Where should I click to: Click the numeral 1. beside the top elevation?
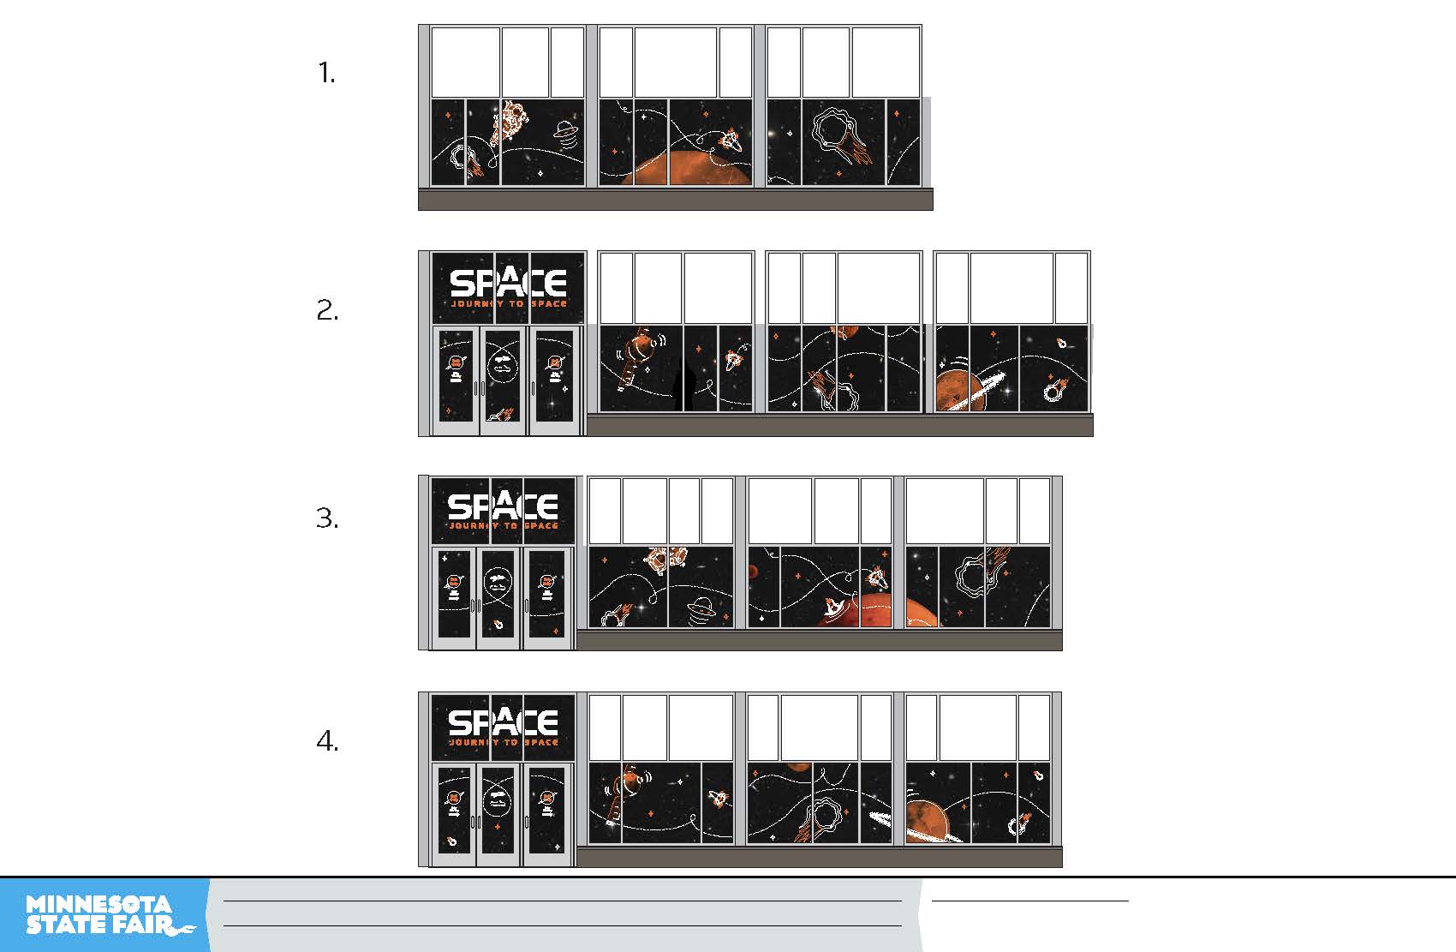tap(326, 73)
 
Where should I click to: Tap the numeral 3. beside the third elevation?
tap(327, 518)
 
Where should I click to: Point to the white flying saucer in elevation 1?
tap(565, 130)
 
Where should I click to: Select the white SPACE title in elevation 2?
tap(508, 283)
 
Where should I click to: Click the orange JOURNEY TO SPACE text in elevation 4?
tap(504, 742)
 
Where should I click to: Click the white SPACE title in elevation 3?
tap(504, 506)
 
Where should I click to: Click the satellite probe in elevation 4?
tap(625, 788)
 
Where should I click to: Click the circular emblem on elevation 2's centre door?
tap(503, 367)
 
